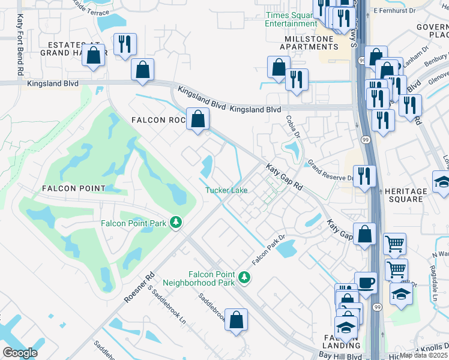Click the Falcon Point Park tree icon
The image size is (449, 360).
point(176,223)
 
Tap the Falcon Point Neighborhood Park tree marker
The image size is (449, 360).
point(244,277)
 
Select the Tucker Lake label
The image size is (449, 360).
point(226,190)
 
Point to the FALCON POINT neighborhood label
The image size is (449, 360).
point(74,188)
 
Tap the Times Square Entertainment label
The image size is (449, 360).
point(291,19)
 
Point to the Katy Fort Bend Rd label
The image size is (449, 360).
point(20,44)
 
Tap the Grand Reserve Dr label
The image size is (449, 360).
point(330,170)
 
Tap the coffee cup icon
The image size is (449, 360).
point(366,283)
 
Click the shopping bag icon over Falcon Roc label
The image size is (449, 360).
point(197,119)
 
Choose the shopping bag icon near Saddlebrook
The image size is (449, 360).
point(237,320)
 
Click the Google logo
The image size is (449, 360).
point(20,353)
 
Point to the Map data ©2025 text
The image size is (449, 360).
point(423,355)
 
